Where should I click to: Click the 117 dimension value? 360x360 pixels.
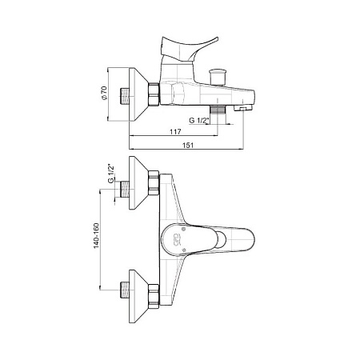(x=175, y=131)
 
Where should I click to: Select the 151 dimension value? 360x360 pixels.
(x=188, y=145)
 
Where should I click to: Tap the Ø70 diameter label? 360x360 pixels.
(x=103, y=93)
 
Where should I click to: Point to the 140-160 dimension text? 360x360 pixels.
(x=96, y=236)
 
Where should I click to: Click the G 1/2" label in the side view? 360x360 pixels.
(x=198, y=121)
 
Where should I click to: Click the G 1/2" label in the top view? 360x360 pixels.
(x=111, y=174)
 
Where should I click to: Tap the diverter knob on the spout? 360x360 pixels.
(x=218, y=77)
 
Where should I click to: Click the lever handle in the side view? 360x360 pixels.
(x=190, y=48)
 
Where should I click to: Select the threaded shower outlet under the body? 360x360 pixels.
(x=218, y=110)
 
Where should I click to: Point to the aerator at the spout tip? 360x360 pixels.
(x=242, y=108)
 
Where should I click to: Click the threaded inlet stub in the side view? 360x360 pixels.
(x=125, y=96)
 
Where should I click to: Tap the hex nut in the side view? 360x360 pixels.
(x=154, y=94)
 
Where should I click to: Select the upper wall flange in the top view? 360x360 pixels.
(x=138, y=182)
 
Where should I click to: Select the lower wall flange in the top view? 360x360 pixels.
(x=138, y=296)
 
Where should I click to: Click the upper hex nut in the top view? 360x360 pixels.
(x=154, y=183)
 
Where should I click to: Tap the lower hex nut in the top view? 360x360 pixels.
(x=154, y=296)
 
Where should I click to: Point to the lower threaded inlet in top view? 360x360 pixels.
(x=125, y=290)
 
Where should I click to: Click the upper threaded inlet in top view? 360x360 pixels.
(x=125, y=190)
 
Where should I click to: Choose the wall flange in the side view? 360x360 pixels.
(x=138, y=94)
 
